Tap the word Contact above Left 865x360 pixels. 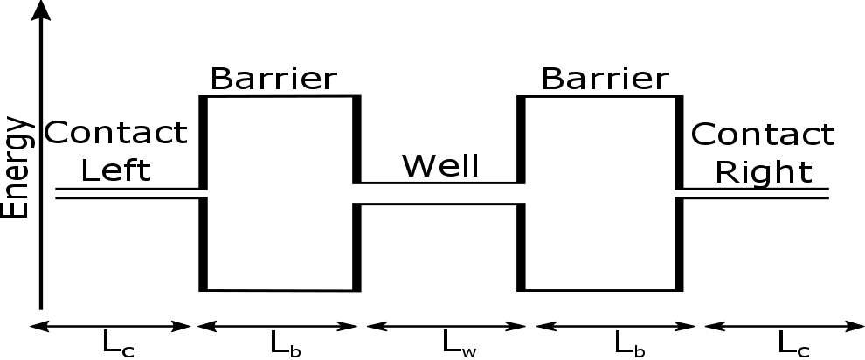[x=115, y=134]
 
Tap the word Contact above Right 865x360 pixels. [x=763, y=135]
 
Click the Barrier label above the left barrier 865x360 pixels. [x=273, y=79]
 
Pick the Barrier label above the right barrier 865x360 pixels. [x=604, y=79]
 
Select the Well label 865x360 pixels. [x=440, y=165]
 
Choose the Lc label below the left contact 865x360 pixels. [x=117, y=343]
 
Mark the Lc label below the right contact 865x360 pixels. [x=792, y=343]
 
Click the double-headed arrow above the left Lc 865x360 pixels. [x=110, y=326]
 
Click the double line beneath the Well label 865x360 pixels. [x=440, y=194]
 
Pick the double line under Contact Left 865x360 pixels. [x=128, y=193]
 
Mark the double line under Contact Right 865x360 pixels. [x=755, y=193]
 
